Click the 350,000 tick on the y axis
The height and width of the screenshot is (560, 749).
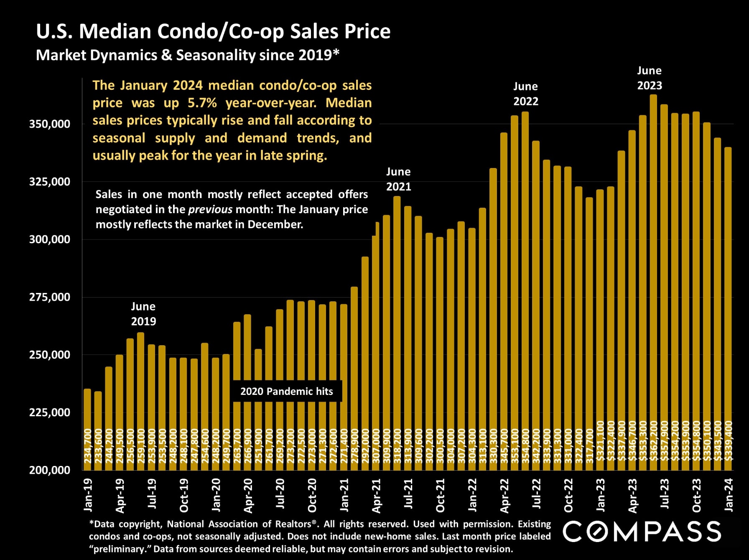coord(49,124)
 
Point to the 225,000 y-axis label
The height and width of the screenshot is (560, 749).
coord(49,412)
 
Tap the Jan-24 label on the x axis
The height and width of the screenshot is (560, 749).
coord(729,495)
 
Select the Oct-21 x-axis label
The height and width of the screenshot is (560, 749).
coord(440,496)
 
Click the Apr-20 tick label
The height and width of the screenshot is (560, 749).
coord(248,496)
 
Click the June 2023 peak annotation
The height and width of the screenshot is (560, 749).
coord(650,78)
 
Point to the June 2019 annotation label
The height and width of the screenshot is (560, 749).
coord(143,314)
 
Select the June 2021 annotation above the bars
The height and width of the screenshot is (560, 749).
coord(398,179)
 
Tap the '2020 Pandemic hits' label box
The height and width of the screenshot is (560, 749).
coord(287,391)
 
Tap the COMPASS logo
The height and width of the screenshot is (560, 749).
coord(642,531)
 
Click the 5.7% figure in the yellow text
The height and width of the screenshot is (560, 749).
coord(202,103)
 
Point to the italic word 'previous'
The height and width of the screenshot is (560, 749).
coord(210,209)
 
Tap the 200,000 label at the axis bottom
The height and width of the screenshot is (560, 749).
coord(49,470)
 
